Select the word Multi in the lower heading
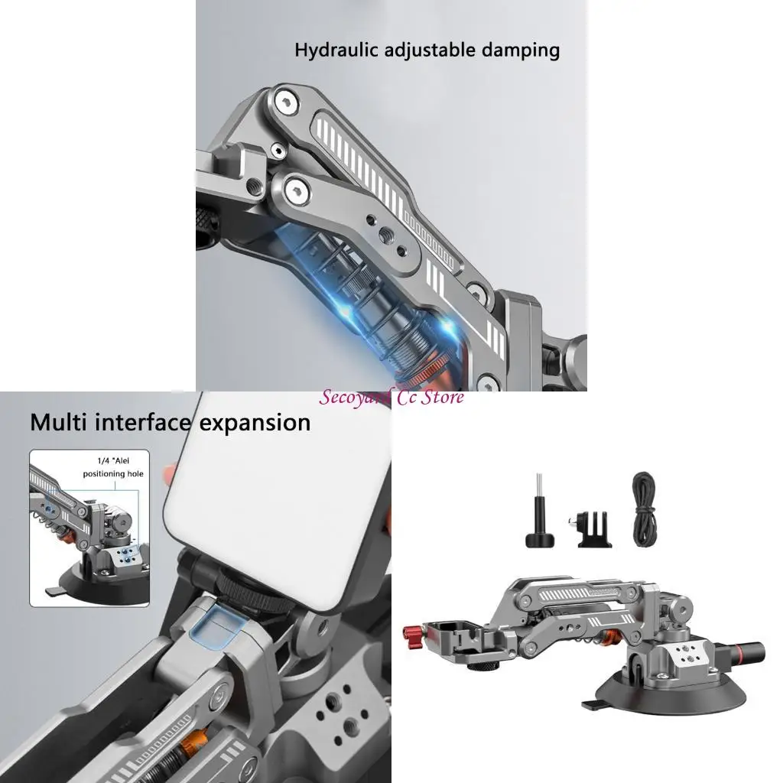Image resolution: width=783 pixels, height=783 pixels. [x=58, y=422]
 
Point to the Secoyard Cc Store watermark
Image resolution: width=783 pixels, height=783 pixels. [x=391, y=397]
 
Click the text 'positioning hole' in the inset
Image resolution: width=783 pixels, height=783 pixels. [x=113, y=474]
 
